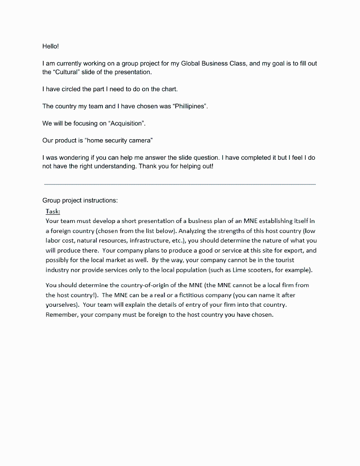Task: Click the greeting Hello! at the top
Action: point(51,46)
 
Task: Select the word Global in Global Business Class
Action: point(191,63)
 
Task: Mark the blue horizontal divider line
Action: point(179,184)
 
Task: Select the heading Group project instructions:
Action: point(80,200)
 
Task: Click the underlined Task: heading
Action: point(53,211)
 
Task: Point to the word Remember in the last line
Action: point(61,314)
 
